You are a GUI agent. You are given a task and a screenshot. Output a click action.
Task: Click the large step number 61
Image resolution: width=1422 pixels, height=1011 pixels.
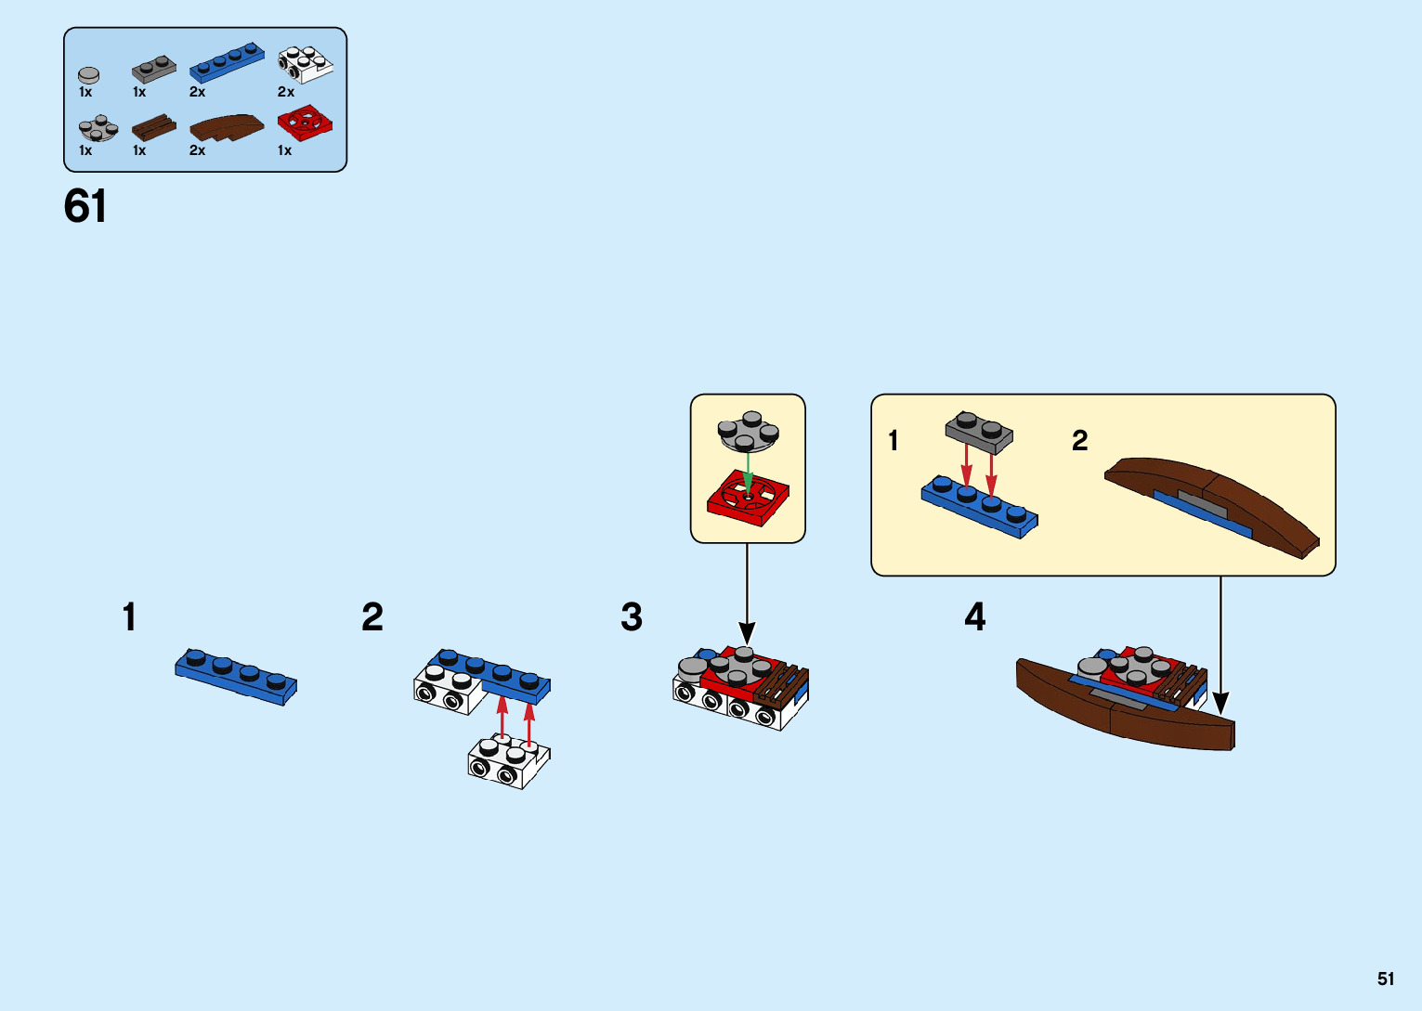point(85,206)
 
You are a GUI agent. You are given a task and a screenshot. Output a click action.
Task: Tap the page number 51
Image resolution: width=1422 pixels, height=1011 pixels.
point(1386,979)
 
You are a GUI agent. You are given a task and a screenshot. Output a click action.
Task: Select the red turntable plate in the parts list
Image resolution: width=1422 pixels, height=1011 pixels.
point(305,123)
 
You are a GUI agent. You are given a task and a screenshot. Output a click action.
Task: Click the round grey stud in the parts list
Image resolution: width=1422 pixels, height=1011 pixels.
point(89,74)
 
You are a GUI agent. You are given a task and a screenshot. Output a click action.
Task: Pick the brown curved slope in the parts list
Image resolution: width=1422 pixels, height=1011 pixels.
point(227,128)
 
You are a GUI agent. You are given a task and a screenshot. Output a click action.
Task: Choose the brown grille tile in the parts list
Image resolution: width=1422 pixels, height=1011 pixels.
point(153,127)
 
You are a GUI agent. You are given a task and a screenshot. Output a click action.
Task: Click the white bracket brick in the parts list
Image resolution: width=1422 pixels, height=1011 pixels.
point(305,64)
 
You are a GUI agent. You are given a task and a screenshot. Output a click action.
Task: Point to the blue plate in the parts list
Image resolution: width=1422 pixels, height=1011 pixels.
point(227,63)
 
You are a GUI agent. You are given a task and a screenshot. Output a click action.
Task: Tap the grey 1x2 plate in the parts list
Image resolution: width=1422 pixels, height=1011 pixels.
point(153,69)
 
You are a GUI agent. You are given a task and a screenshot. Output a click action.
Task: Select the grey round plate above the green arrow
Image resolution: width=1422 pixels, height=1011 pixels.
point(748,432)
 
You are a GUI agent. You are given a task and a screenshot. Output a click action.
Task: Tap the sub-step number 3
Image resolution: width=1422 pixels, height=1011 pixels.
point(632,617)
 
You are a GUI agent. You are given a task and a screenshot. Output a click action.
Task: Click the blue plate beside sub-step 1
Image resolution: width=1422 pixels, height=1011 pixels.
point(236,675)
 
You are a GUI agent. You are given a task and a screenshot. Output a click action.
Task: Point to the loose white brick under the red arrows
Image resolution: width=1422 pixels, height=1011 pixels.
point(508,761)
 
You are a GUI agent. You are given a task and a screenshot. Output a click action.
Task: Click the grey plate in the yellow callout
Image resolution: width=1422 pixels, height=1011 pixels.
point(979,431)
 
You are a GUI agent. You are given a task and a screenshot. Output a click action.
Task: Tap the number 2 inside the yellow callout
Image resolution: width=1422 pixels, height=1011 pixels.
point(1079,440)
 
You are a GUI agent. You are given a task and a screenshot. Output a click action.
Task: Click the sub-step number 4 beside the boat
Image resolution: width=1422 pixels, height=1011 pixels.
point(974,617)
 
